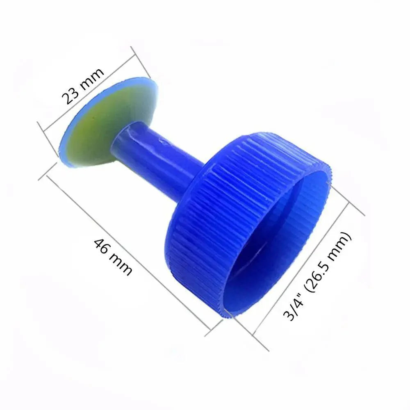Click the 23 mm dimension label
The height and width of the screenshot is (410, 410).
[83, 86]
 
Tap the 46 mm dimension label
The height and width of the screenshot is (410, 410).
[113, 257]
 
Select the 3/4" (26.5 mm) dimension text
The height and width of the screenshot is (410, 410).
[317, 276]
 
